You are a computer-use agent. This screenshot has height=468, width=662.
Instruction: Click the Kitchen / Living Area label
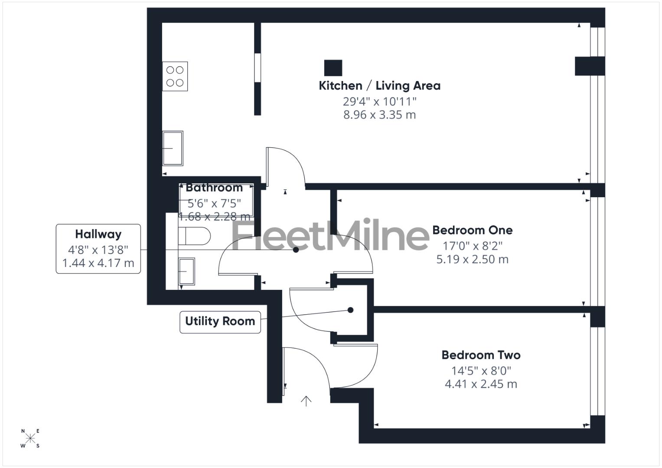coord(379,86)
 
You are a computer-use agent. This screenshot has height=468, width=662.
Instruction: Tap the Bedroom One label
coord(472,230)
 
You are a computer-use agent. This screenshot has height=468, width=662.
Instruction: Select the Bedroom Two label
coord(481,355)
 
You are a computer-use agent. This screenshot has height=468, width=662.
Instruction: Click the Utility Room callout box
coord(220,322)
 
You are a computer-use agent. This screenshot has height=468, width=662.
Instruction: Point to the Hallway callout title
coord(98,234)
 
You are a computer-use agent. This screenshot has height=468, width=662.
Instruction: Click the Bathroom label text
coord(214,188)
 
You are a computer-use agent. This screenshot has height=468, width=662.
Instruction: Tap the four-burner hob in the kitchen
coord(175,76)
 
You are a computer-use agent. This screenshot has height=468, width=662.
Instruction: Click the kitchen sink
coord(173,148)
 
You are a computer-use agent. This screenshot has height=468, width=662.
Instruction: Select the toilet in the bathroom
coord(195,236)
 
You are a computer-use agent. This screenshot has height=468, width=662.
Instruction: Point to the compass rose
coord(30,439)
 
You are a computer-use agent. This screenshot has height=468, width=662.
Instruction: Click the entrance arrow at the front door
coord(306,401)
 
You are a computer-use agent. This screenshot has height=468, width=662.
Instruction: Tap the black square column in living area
coord(333,68)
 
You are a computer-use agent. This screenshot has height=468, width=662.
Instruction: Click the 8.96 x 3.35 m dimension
coord(379,115)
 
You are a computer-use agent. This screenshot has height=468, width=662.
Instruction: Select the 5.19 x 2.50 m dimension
coord(472,259)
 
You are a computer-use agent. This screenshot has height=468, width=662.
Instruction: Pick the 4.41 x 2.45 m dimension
coord(481,384)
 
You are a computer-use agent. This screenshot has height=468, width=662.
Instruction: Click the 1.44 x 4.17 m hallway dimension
coord(98,263)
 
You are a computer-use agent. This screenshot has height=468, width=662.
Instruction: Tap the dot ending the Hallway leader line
coord(296,250)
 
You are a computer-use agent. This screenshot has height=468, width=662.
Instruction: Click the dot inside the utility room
coord(351,310)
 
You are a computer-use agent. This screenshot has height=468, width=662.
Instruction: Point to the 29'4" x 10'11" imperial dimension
coord(379,101)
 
